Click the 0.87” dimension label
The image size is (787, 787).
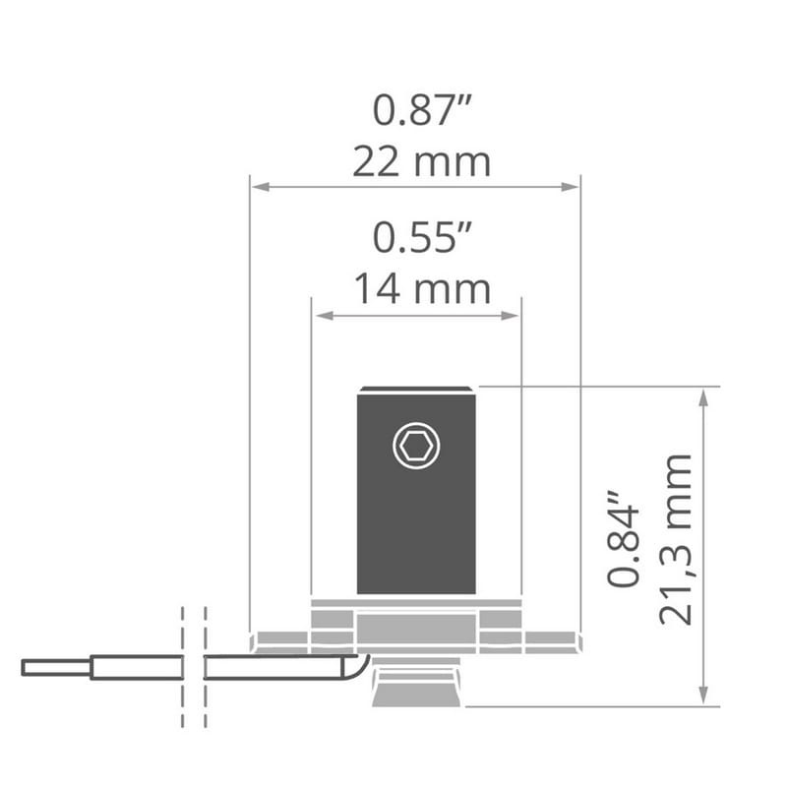[422, 109]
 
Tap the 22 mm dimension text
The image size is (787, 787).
[422, 162]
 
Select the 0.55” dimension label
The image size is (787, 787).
[422, 237]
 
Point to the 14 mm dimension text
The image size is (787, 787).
[422, 289]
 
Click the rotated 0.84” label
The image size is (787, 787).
[624, 538]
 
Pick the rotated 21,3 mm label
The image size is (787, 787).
[676, 539]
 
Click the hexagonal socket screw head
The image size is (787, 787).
[416, 446]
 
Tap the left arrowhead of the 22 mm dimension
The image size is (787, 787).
[261, 187]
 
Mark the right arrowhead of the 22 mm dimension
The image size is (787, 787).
[570, 187]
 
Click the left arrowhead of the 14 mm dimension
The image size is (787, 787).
[324, 316]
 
